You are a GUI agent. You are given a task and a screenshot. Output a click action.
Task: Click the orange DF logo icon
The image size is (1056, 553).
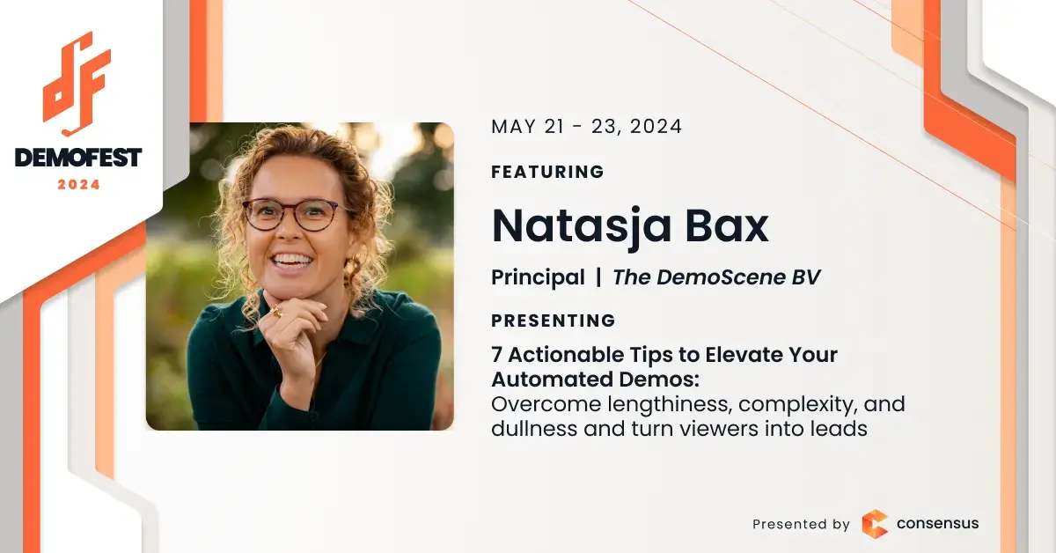(x=77, y=84)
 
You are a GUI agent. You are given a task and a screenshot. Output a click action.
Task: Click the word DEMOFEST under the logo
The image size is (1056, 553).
(x=78, y=158)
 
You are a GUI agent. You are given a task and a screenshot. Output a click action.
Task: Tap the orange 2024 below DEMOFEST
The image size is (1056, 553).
(x=78, y=185)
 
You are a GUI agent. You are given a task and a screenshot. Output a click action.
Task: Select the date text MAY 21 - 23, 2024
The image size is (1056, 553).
(x=586, y=127)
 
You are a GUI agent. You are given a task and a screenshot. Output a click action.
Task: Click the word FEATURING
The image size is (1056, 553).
(x=547, y=172)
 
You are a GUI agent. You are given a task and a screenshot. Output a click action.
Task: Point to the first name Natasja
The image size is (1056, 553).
(x=582, y=227)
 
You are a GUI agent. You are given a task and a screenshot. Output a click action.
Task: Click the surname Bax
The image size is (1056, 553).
(x=727, y=225)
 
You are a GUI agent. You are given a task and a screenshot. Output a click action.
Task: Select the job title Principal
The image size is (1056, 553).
(x=538, y=277)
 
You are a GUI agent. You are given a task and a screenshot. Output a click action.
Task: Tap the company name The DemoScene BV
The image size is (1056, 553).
(x=716, y=277)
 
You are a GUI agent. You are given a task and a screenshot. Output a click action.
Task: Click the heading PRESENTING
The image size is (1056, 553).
(x=554, y=321)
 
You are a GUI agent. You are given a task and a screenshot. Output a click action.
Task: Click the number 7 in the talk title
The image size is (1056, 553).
(x=497, y=355)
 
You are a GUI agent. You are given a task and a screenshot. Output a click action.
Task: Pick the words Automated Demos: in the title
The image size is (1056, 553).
(x=595, y=380)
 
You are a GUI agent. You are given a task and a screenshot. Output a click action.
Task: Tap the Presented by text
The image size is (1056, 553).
(x=801, y=524)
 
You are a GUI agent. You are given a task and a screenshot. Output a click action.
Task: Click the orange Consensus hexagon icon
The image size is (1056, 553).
(x=875, y=524)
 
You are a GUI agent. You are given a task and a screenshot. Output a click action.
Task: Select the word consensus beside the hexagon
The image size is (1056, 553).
(x=938, y=524)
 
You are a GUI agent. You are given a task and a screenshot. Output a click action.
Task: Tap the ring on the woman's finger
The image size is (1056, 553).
(x=275, y=310)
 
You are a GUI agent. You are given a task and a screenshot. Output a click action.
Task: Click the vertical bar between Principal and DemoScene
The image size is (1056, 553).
(x=598, y=277)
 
